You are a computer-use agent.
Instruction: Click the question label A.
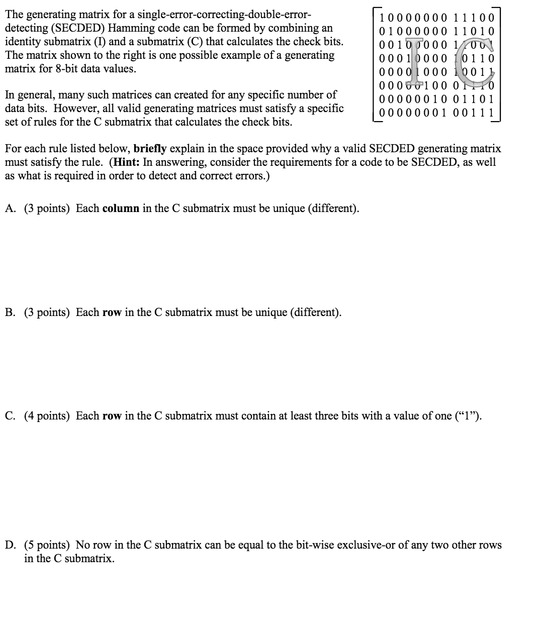tap(10, 209)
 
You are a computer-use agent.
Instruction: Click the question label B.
tap(10, 312)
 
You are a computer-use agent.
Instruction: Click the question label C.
tap(10, 416)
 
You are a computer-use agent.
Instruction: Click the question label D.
tap(10, 545)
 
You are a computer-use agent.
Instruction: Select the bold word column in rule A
tap(121, 209)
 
